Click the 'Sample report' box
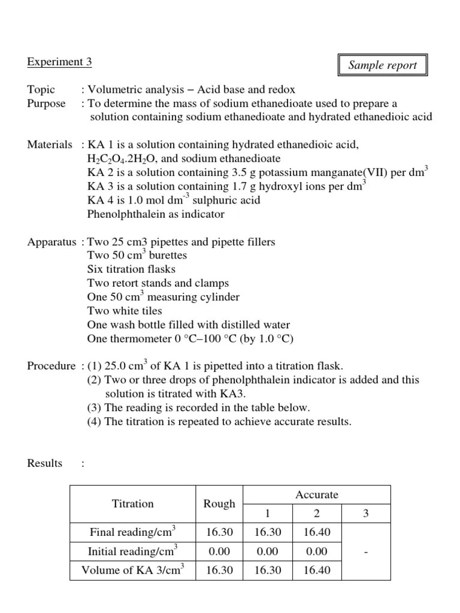click(382, 65)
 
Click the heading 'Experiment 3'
click(59, 62)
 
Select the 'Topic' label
click(41, 90)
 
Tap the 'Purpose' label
click(46, 103)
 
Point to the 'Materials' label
click(50, 145)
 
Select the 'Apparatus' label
click(52, 242)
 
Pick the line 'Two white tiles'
click(125, 311)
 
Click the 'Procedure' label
click(51, 366)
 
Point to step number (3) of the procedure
click(95, 408)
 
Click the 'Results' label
click(45, 463)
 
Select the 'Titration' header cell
click(133, 503)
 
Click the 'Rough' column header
click(220, 503)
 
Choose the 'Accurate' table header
click(317, 494)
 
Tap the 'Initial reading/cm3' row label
click(133, 551)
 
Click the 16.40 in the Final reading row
click(317, 532)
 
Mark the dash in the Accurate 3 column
click(365, 551)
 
